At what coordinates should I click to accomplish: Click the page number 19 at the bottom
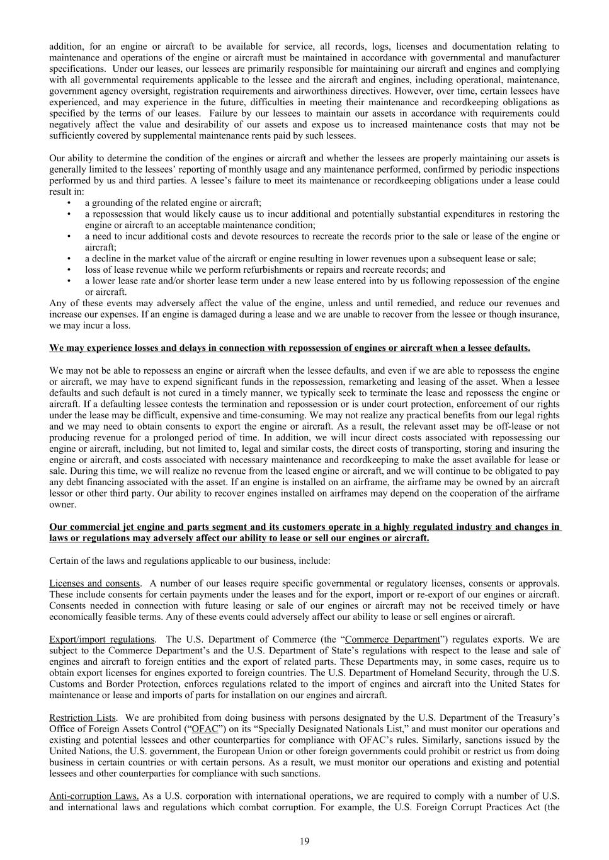click(x=305, y=840)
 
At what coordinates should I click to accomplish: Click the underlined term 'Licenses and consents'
click(x=94, y=583)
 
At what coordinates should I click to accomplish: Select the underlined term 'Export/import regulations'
click(x=101, y=639)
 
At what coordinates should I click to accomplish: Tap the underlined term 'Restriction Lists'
click(x=83, y=718)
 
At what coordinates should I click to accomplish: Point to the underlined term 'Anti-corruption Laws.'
click(x=94, y=796)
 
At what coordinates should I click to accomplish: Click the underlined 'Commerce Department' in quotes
click(x=392, y=639)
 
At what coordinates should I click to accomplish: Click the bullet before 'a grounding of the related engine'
click(x=69, y=203)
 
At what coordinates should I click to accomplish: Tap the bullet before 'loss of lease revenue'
click(x=69, y=270)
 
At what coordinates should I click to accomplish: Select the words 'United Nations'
click(x=77, y=752)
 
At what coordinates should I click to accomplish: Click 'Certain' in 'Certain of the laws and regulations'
click(x=64, y=561)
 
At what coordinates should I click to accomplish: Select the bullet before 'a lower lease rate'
click(x=69, y=281)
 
